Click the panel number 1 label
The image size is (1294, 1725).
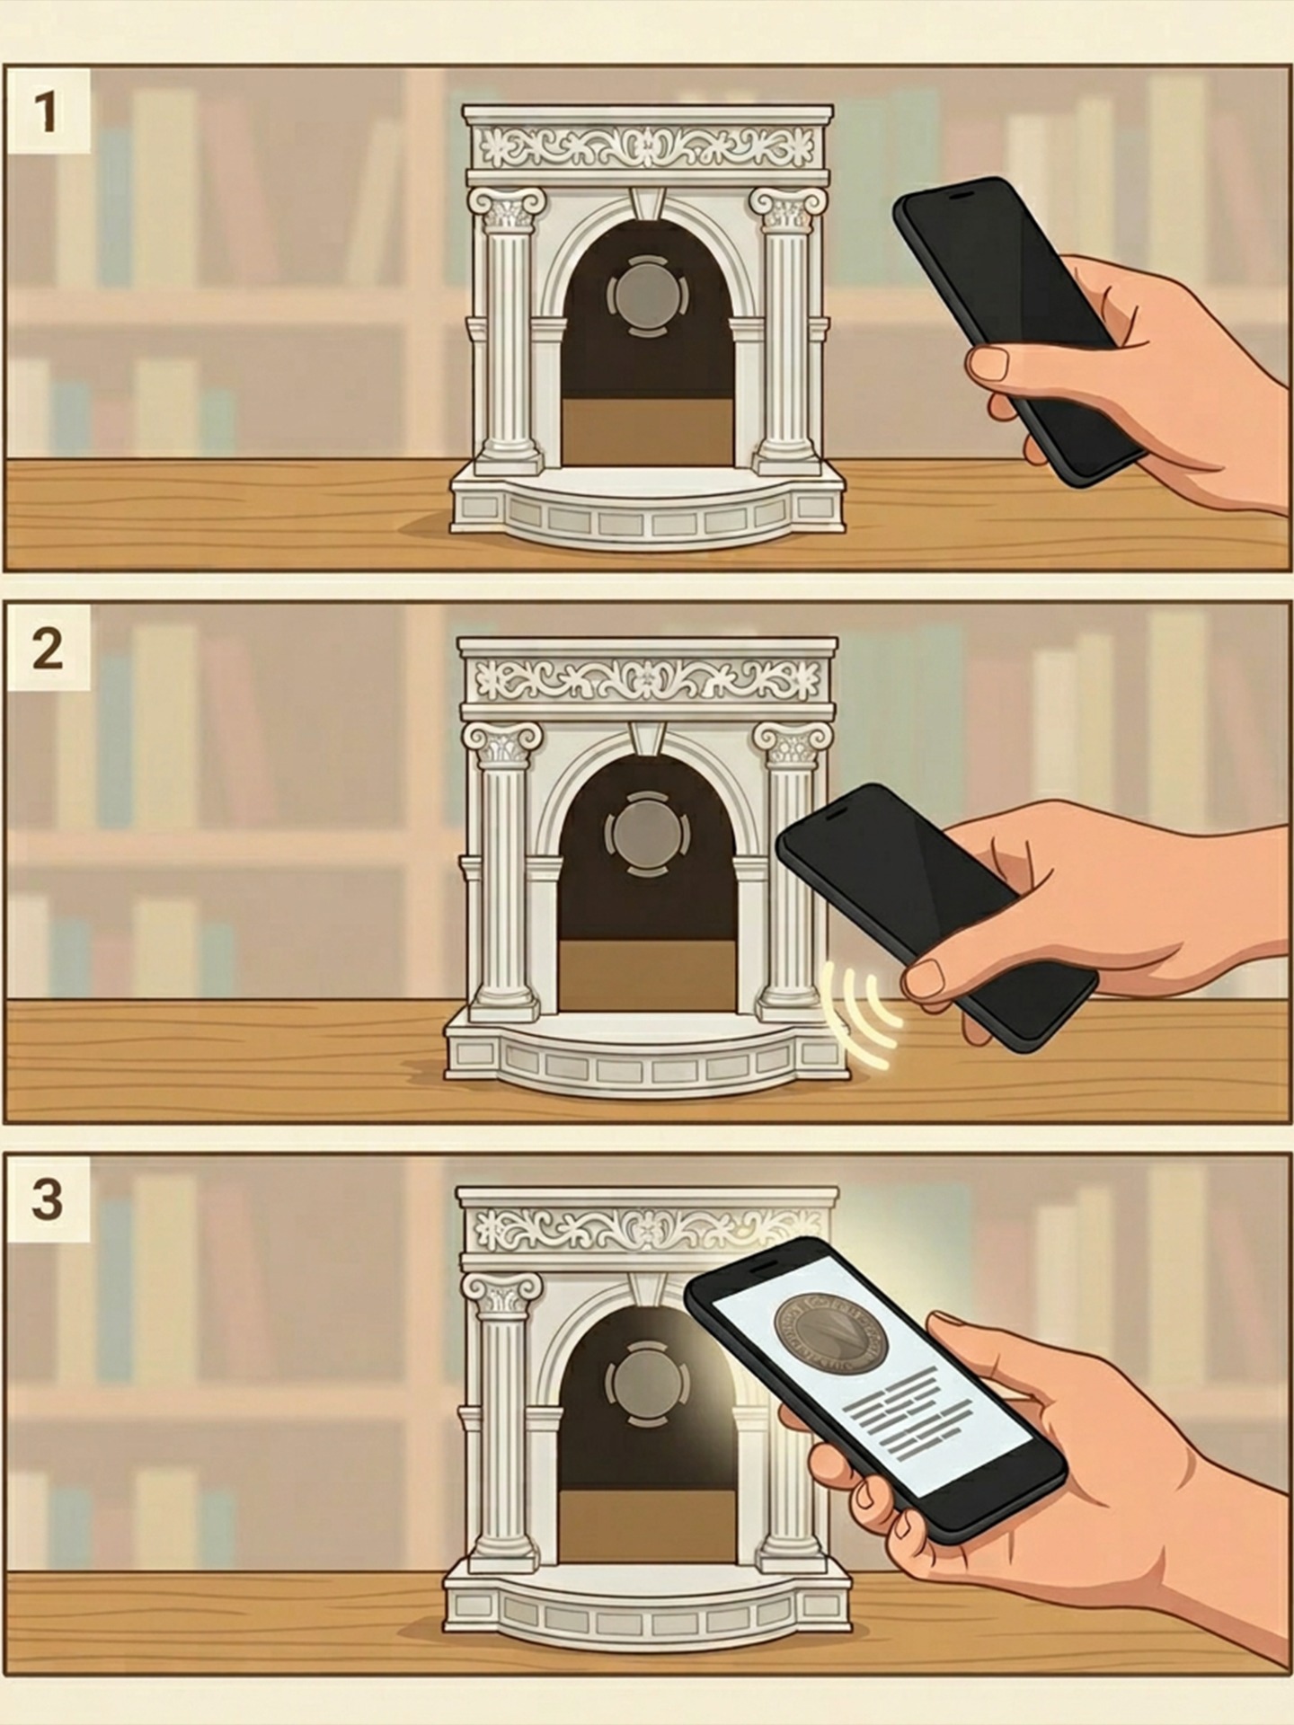tap(44, 114)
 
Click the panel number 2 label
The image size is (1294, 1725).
tap(48, 649)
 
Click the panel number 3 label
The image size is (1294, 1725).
tap(47, 1199)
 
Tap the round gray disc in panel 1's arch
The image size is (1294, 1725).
tap(646, 295)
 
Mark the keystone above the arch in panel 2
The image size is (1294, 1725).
tap(645, 737)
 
